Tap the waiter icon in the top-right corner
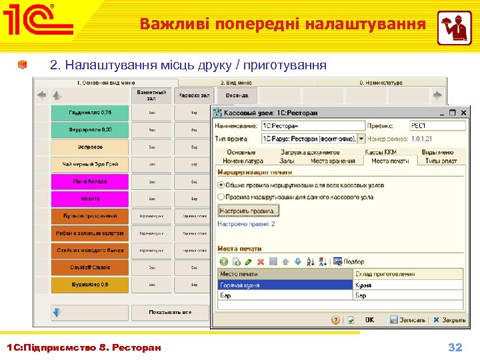point(454,28)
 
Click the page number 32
point(455,347)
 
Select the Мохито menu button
point(89,199)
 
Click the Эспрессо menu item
point(89,147)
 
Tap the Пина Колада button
point(89,181)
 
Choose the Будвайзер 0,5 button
point(89,285)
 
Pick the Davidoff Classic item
point(89,267)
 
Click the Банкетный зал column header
point(151,94)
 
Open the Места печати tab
point(390,161)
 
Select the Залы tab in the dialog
point(287,161)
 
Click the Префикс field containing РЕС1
point(437,125)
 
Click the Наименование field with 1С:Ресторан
point(313,125)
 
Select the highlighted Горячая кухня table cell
point(285,285)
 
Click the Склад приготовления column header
point(407,274)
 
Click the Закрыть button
point(449,320)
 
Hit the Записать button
point(407,320)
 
